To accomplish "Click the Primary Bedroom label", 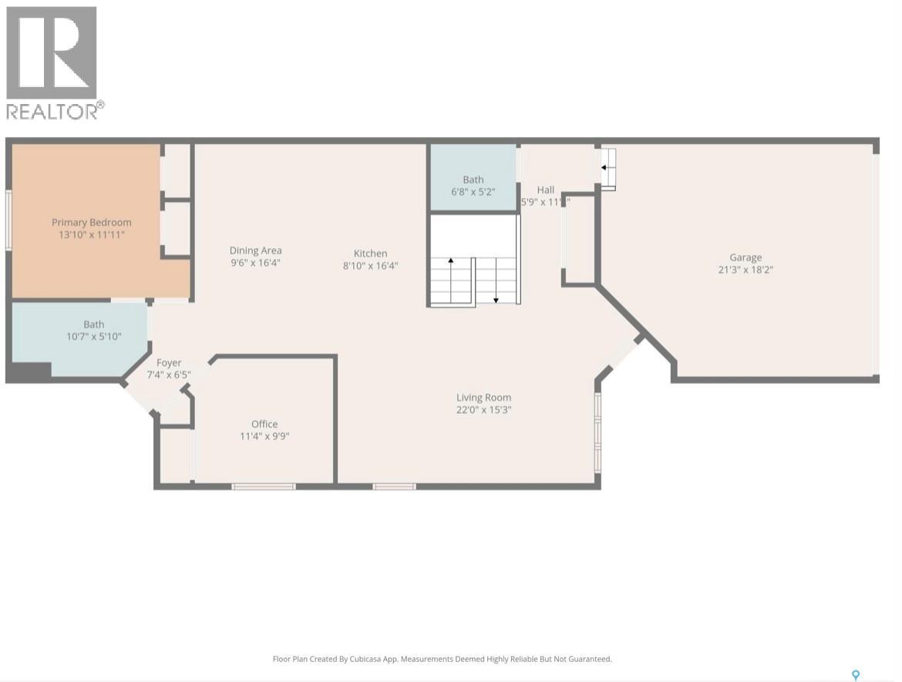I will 91,223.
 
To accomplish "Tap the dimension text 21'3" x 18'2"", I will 745,270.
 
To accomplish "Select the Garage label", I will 745,257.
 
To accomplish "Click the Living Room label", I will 483,398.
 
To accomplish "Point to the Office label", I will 264,424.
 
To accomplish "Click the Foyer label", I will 169,363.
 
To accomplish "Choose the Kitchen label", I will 370,254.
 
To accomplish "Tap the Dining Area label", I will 255,250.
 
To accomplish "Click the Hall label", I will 546,190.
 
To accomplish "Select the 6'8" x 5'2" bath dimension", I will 473,192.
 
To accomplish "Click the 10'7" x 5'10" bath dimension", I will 94,337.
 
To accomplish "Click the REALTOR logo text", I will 54,112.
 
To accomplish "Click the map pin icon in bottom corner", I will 855,675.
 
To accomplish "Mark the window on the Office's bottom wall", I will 264,486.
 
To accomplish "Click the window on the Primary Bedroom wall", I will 8,220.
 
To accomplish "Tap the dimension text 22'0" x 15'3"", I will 483,410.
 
